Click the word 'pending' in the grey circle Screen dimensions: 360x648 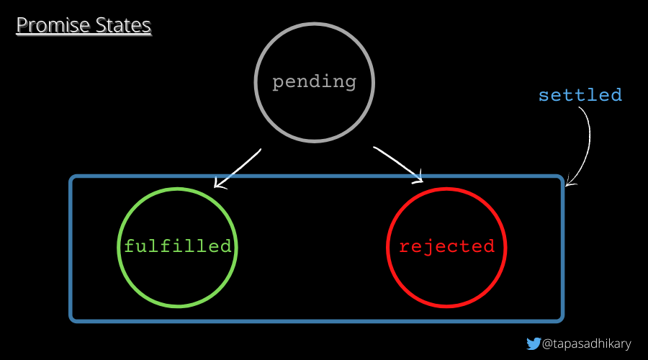pyautogui.click(x=315, y=81)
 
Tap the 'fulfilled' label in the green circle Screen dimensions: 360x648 pyautogui.click(x=178, y=246)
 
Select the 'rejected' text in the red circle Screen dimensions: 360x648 pyautogui.click(x=447, y=246)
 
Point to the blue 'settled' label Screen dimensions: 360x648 pyautogui.click(x=580, y=95)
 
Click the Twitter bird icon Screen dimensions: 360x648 pyautogui.click(x=534, y=343)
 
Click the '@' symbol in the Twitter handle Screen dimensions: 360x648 pyautogui.click(x=547, y=343)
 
